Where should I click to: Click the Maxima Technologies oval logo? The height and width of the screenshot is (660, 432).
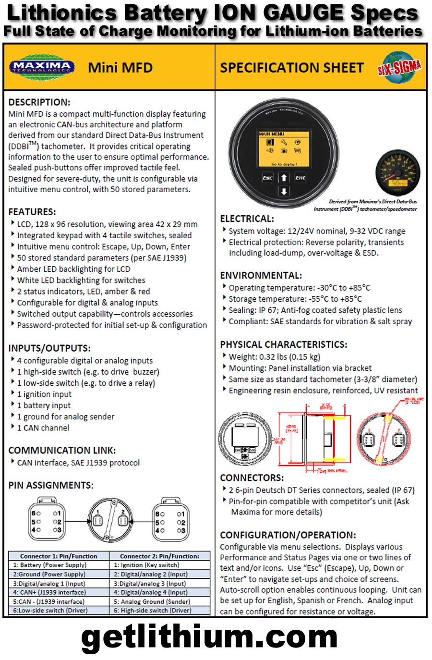click(42, 67)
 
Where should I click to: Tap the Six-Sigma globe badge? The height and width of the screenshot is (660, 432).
click(399, 68)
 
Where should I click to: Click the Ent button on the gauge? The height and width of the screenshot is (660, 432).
click(300, 178)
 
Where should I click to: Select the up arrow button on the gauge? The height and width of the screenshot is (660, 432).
click(284, 178)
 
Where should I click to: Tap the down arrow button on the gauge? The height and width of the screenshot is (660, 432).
click(284, 191)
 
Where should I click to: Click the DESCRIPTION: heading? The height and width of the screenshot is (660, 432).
click(39, 102)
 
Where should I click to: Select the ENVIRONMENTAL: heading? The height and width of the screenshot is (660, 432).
click(261, 275)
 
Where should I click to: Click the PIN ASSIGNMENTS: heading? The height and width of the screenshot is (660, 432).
click(51, 485)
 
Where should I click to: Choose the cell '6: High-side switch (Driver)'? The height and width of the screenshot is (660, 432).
click(153, 611)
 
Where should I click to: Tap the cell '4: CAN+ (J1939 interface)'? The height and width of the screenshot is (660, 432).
click(50, 593)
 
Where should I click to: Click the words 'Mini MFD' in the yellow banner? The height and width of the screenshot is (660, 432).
click(120, 68)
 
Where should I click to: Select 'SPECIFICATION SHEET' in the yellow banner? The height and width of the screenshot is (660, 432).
click(292, 68)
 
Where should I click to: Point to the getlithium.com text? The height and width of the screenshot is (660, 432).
click(209, 637)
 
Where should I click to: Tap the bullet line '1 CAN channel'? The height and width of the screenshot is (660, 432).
click(43, 428)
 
